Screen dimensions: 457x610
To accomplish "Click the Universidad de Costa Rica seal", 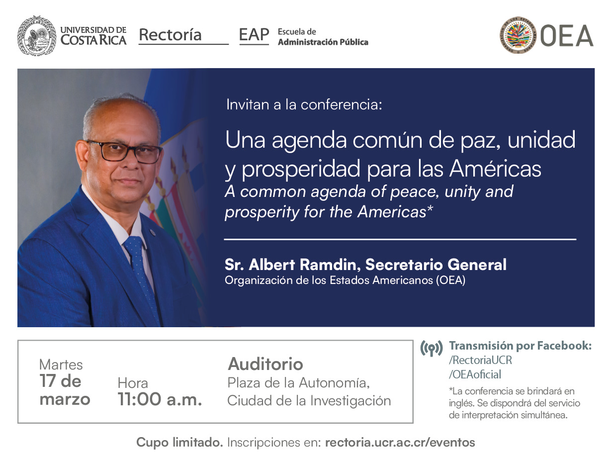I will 36,35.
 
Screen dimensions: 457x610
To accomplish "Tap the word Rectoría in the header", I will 170,35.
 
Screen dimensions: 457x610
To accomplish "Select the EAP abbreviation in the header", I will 254,35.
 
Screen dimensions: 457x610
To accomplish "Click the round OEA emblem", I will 518,35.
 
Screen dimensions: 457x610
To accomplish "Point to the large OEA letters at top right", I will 566,36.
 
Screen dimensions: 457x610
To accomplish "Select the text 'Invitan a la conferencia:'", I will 304,105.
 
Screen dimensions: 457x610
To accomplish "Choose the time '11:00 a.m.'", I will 160,399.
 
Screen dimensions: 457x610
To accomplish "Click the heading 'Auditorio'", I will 265,364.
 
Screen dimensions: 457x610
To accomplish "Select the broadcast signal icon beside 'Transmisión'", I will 431,349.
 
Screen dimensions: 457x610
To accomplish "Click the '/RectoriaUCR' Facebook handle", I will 480,360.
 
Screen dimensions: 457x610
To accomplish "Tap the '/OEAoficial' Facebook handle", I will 475,374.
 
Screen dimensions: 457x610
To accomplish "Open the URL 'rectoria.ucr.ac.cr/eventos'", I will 400,442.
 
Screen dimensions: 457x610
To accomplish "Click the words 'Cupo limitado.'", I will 179,442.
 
